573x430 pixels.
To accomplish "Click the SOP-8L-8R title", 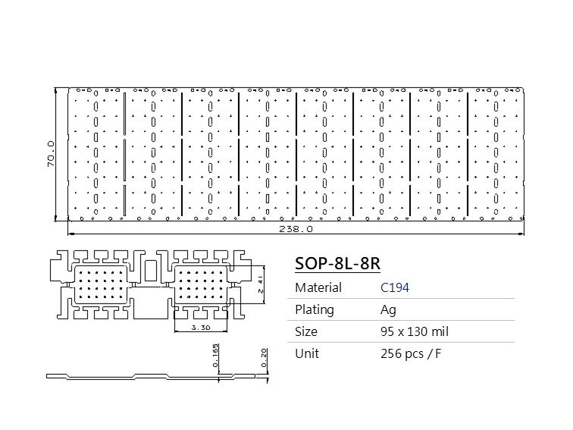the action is pos(337,263).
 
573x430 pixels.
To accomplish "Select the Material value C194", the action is pos(395,287).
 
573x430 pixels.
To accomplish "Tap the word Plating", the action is pos(315,309).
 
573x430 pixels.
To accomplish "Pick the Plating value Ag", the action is pos(388,310).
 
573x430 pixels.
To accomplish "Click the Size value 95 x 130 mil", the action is pos(415,331).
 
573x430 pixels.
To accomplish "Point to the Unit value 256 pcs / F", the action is pos(411,354).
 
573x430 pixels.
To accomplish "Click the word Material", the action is pos(318,287).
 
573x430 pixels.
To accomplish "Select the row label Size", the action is pos(306,331).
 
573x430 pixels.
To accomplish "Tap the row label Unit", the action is pos(307,353).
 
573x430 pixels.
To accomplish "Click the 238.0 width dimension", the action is pos(296,229).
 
